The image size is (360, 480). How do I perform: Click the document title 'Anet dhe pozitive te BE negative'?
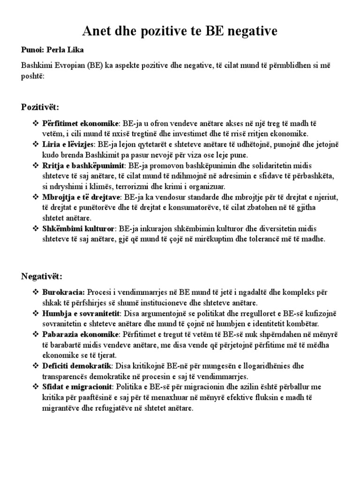coord(180,31)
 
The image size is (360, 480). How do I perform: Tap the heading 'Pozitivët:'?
coord(40,107)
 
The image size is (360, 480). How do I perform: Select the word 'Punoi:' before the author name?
coord(33,50)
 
